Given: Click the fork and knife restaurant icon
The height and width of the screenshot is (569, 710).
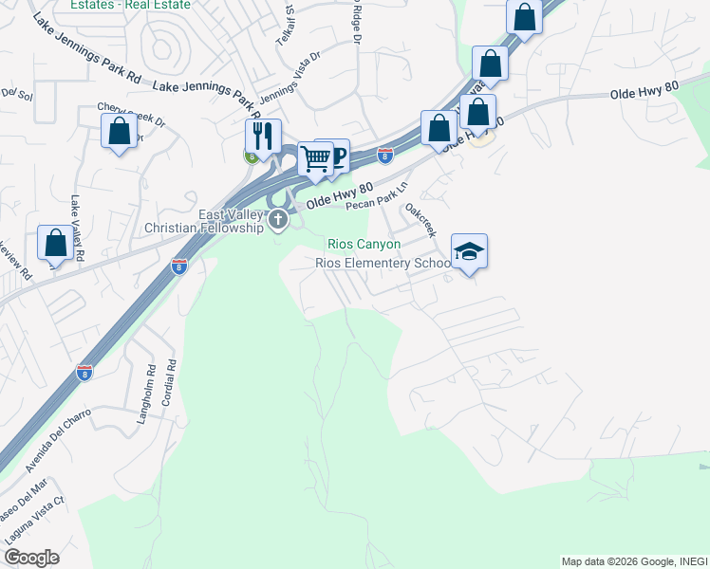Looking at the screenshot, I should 260,136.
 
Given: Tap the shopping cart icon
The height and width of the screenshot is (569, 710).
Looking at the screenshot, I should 315,157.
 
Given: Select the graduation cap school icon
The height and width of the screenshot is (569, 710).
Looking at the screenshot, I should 469,251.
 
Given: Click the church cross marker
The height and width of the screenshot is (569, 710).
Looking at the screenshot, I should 278,221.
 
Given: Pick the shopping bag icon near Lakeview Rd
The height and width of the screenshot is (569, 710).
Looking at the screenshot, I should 55,243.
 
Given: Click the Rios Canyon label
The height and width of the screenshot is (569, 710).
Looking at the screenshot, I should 364,245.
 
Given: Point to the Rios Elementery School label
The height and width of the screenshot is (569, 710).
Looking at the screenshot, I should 383,263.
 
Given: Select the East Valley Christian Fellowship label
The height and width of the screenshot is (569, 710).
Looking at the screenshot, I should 203,222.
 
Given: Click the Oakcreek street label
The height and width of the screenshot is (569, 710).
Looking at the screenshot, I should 420,219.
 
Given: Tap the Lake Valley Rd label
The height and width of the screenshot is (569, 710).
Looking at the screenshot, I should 77,229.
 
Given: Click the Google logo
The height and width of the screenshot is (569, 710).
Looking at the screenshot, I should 31,558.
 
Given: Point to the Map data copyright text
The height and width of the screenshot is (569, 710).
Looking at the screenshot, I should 634,561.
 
